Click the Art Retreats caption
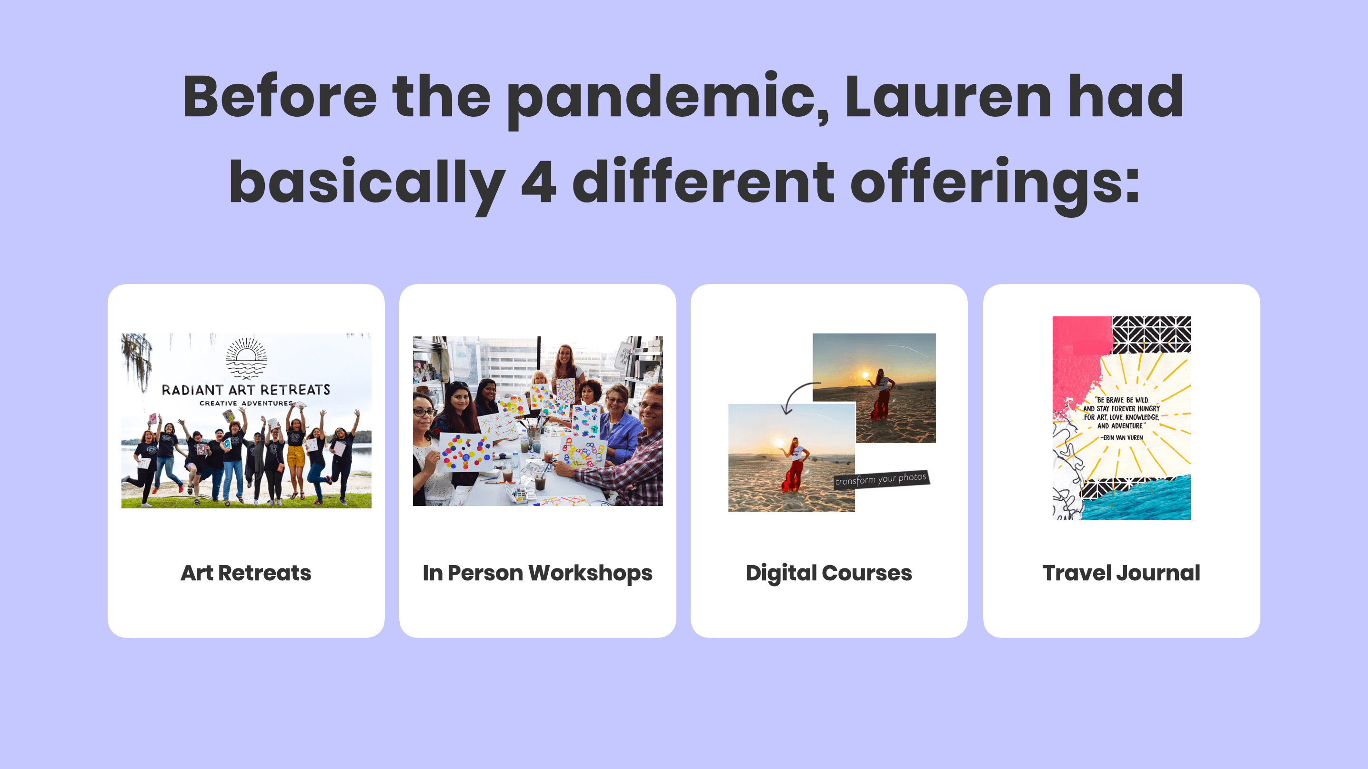246,573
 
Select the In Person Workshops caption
537,573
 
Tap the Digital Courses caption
828,573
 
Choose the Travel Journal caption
1121,573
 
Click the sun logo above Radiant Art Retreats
246,357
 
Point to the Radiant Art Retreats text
246,390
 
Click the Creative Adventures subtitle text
246,404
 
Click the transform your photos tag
881,479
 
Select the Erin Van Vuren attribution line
1122,437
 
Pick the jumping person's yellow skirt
296,455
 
